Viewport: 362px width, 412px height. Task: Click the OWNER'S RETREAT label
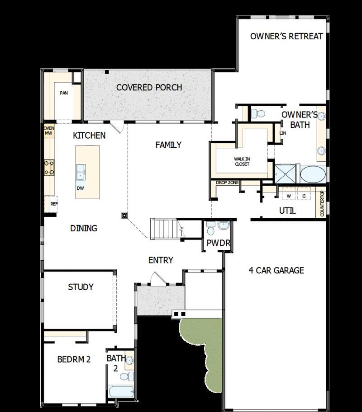(x=286, y=36)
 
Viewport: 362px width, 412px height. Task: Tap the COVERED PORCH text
(x=149, y=87)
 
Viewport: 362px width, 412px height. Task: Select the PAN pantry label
(x=63, y=94)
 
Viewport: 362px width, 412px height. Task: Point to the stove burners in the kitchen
(x=49, y=168)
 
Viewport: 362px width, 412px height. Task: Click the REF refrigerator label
(x=54, y=204)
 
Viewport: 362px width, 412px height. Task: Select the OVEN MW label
(x=48, y=131)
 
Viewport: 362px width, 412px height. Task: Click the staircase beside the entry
(x=165, y=229)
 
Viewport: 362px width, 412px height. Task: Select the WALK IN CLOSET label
(x=242, y=161)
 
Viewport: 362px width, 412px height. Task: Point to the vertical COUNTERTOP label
(x=322, y=204)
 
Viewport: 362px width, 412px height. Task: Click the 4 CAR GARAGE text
(x=276, y=271)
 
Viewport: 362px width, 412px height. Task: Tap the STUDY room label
(x=81, y=287)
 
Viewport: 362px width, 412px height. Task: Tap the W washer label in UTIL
(x=288, y=196)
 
